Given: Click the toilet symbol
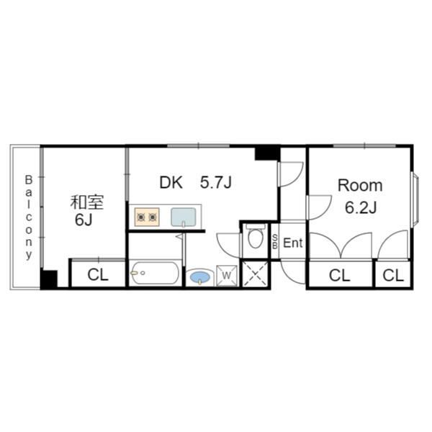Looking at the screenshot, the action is [255, 237].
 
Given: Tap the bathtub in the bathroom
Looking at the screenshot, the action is [154, 273].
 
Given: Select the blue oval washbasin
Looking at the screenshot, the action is [200, 277].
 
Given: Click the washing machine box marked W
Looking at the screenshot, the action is [227, 275].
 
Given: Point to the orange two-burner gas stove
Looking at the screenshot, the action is [147, 217].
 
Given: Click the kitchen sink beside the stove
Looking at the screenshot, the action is [184, 217].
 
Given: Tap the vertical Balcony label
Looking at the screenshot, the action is [29, 217].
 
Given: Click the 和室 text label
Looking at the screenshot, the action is [87, 202].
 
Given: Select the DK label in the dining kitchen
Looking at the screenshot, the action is [171, 182].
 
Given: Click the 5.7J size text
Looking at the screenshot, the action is [216, 182].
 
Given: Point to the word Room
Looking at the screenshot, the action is [360, 186].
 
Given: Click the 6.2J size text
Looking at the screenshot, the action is [361, 207].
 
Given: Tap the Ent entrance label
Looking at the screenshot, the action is [293, 243].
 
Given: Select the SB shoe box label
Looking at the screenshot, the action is [275, 242].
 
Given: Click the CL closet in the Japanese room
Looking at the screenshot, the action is [98, 275].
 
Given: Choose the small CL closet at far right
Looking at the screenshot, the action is [393, 275].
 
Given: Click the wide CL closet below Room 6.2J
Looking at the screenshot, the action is [340, 275].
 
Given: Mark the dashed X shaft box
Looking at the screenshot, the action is [255, 274].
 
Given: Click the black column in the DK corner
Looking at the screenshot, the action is [268, 153].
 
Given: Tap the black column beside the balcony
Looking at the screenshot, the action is [49, 279].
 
